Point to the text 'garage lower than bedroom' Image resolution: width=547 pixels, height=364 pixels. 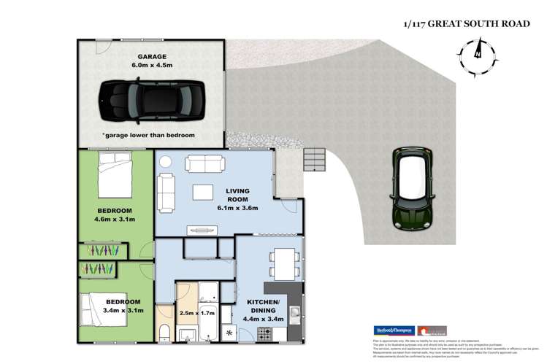pyautogui.click(x=150, y=136)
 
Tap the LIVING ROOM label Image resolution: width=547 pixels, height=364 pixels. pyautogui.click(x=232, y=197)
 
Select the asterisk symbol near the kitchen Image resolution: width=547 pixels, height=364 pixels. pyautogui.click(x=231, y=334)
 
